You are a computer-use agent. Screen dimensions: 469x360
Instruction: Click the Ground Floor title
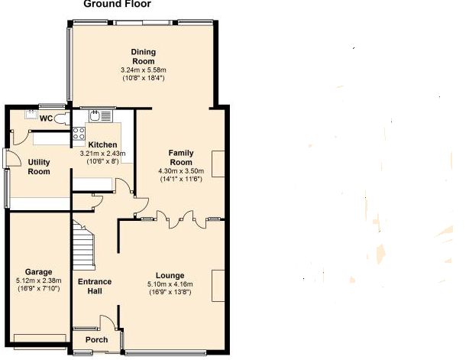[x=118, y=4]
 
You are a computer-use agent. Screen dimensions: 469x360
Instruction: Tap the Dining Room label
[x=144, y=57]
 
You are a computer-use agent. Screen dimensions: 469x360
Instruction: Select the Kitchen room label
[x=102, y=144]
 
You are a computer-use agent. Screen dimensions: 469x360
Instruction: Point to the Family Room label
[x=181, y=157]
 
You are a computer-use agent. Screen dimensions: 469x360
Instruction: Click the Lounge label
[x=170, y=276]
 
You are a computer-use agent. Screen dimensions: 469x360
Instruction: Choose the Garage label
[x=39, y=272]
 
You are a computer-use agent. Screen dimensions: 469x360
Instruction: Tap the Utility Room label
[x=39, y=167]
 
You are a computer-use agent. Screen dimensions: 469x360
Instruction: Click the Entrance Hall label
[x=95, y=287]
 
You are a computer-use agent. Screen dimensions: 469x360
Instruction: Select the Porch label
[x=96, y=340]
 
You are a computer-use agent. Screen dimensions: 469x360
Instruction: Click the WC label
[x=46, y=118]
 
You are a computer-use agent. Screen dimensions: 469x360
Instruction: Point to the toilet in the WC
[x=62, y=118]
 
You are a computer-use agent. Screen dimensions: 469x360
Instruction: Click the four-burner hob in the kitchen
[x=79, y=134]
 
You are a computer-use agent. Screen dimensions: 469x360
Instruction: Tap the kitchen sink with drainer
[x=101, y=116]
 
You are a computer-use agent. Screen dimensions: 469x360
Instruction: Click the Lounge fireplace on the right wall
[x=218, y=286]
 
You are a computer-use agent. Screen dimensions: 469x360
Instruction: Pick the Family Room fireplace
[x=218, y=164]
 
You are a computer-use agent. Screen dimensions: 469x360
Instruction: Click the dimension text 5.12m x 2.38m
[x=39, y=281]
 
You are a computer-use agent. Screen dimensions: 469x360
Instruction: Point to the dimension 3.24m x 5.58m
[x=144, y=70]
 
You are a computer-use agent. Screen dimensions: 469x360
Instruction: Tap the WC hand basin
[x=31, y=114]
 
